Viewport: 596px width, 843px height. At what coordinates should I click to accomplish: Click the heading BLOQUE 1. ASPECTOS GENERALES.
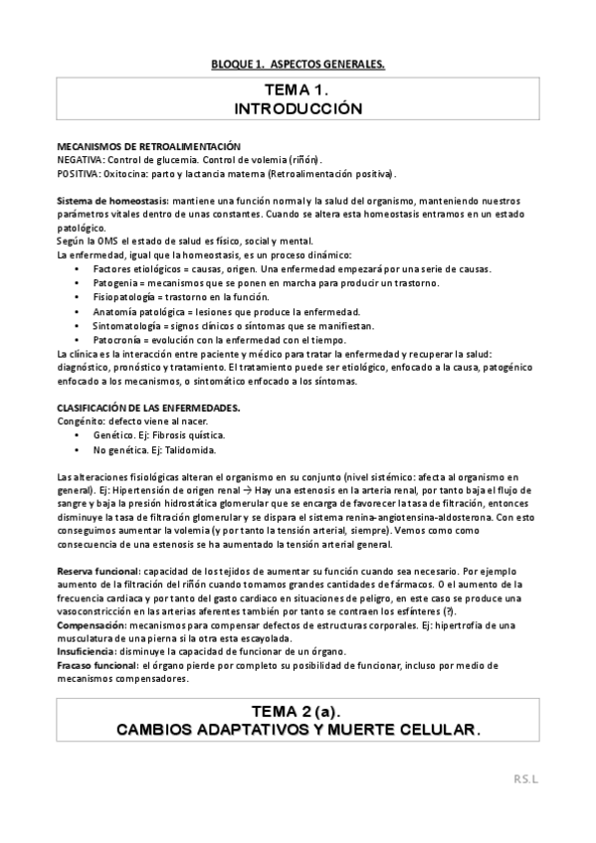[x=298, y=65]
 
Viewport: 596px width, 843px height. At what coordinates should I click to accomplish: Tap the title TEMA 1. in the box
[x=298, y=90]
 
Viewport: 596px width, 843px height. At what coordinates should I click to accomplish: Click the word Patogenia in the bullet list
[x=115, y=283]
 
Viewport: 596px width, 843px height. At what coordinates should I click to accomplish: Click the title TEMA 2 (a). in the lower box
[x=298, y=713]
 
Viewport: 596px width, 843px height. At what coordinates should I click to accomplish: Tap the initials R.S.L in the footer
[x=553, y=780]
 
